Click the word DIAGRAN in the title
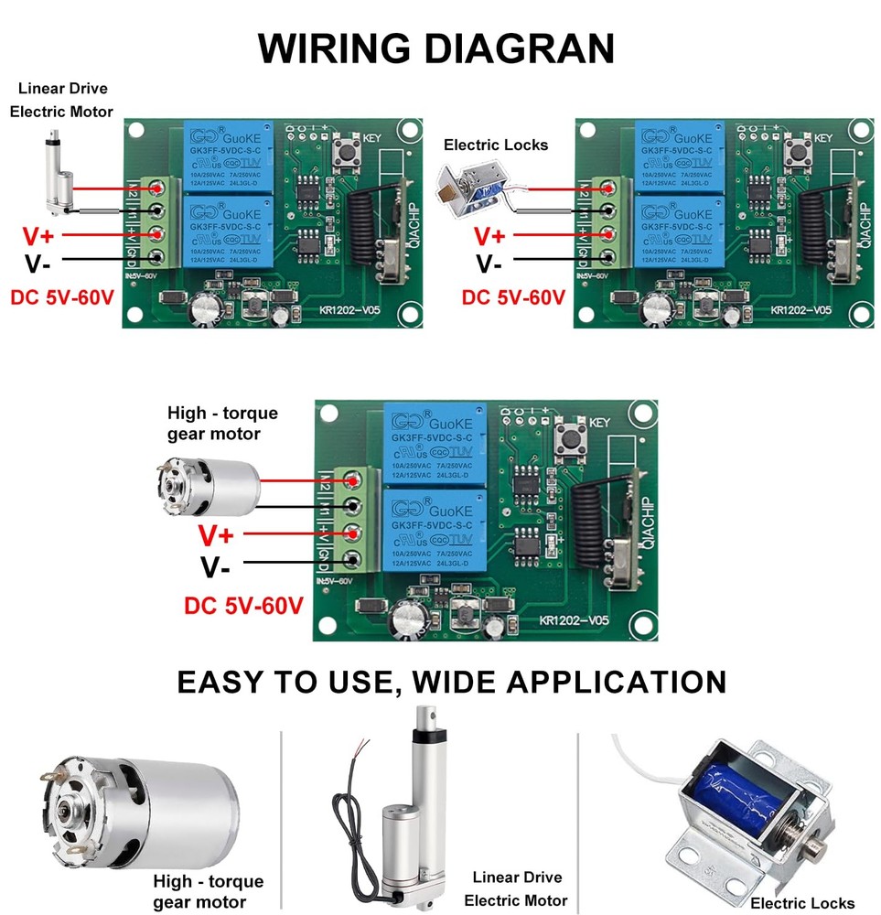(523, 48)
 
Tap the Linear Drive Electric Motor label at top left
(61, 100)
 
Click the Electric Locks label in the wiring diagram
(496, 145)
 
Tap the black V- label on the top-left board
(38, 265)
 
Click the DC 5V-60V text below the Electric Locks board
(512, 297)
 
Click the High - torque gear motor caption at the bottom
(208, 891)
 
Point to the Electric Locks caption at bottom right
(802, 903)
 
